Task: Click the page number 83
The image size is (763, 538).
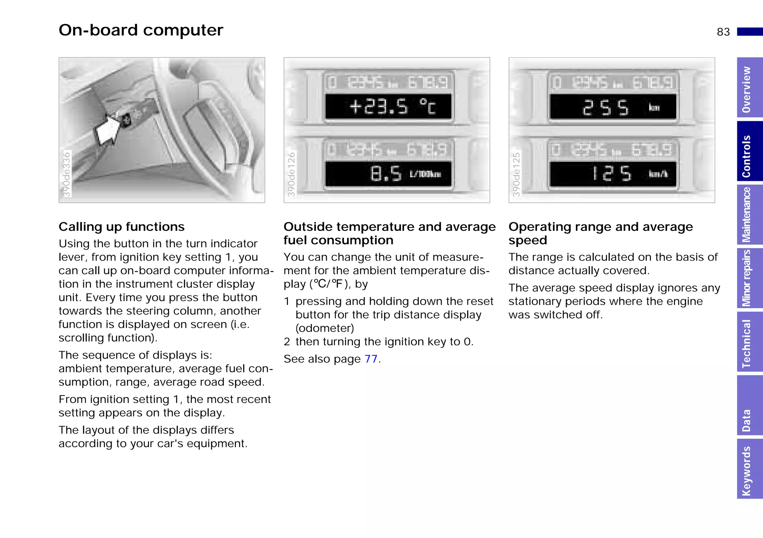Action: click(x=723, y=32)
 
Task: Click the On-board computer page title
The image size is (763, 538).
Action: click(x=141, y=30)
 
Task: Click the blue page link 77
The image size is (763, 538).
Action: click(x=371, y=359)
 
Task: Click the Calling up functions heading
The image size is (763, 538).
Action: click(x=121, y=227)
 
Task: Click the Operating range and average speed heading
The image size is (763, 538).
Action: click(x=601, y=233)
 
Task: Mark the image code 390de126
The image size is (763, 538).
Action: click(x=291, y=174)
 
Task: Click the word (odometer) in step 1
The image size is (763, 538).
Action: click(x=324, y=328)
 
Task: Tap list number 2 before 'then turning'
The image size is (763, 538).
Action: click(x=287, y=342)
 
